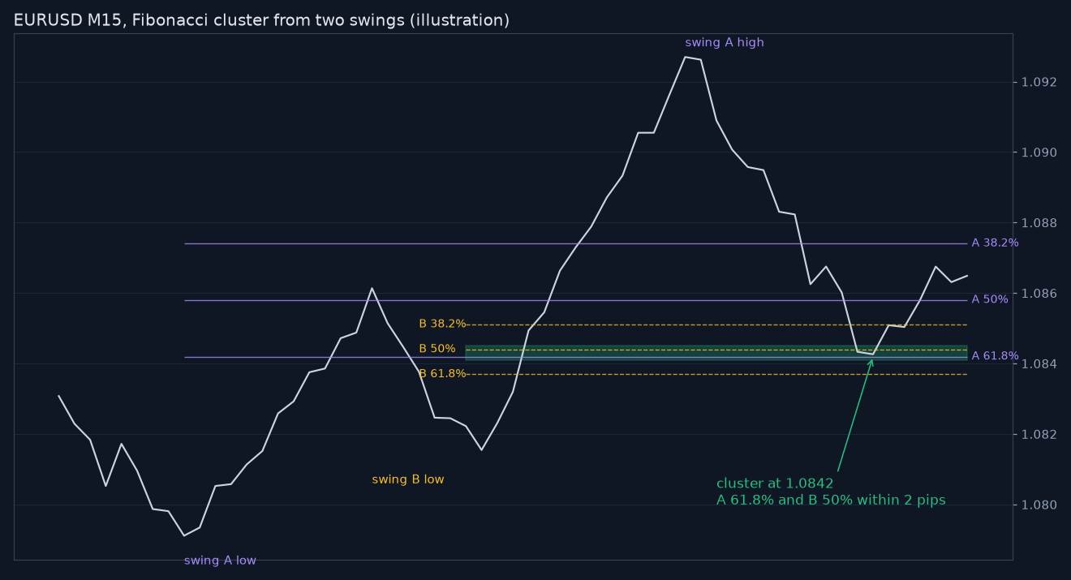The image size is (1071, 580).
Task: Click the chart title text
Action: [x=261, y=20]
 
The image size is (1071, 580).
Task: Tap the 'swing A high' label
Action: [x=725, y=42]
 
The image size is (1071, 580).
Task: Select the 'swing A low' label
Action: [x=220, y=561]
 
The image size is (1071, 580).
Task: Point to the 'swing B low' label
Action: [x=408, y=479]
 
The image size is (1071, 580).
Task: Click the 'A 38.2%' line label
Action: [x=995, y=243]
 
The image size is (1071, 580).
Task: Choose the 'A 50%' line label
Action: [x=990, y=299]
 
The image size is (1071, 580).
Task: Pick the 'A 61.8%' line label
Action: [x=995, y=356]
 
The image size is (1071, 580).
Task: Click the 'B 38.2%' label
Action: [x=442, y=324]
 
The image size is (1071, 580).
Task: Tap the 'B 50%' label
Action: [x=437, y=349]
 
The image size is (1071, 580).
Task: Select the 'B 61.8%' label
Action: [x=442, y=373]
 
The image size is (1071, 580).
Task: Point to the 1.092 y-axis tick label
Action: [x=1039, y=82]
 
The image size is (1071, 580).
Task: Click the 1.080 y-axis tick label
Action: [x=1039, y=505]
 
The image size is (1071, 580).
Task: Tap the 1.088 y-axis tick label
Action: [x=1039, y=223]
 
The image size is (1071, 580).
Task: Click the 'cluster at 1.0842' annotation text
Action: [x=775, y=483]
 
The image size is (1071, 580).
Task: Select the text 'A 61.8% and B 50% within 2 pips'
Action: [x=831, y=501]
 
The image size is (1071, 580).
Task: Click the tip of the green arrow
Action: [x=872, y=359]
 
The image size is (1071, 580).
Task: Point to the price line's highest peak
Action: [x=685, y=57]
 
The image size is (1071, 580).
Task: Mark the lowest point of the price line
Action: [x=184, y=535]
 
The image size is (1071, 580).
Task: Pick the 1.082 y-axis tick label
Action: [x=1039, y=435]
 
